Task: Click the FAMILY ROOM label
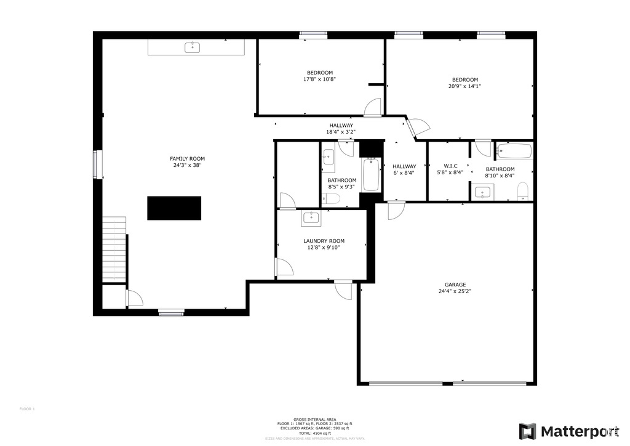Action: point(187,158)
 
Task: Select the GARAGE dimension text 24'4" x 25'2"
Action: point(455,291)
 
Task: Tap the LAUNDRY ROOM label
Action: point(324,241)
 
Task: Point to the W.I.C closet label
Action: point(450,166)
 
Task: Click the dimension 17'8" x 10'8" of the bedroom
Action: point(319,79)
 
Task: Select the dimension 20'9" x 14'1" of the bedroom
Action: point(465,86)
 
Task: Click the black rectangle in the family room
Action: point(174,208)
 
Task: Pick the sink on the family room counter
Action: point(194,47)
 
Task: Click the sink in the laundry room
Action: point(311,217)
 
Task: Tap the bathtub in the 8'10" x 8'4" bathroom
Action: point(514,150)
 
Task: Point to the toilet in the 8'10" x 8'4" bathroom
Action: point(523,191)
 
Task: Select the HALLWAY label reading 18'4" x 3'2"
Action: point(341,129)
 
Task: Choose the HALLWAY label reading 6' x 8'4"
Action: point(404,169)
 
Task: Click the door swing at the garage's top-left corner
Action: point(395,211)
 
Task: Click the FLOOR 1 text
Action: point(27,409)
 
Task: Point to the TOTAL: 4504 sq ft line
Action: point(314,434)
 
